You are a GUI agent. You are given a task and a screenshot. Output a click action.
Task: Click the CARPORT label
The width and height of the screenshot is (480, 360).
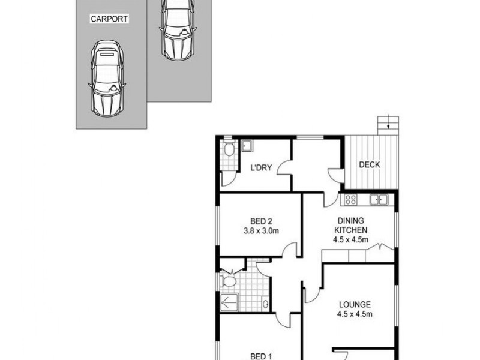click(109, 19)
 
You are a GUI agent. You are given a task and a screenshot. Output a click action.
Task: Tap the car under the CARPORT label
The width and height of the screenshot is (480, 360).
click(107, 77)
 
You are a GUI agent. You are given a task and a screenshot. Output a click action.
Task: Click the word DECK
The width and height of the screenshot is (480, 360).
click(369, 165)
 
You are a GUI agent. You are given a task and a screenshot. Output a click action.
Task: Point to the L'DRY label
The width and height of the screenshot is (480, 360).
click(262, 168)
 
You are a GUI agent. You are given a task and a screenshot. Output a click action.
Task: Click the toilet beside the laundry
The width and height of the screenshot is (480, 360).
click(229, 149)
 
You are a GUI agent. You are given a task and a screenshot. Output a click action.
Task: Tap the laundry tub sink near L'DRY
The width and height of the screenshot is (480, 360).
click(247, 145)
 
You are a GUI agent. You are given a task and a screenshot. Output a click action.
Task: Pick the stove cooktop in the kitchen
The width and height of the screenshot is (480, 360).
click(350, 200)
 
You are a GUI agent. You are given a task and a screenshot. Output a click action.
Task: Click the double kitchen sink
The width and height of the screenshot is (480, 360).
click(379, 199)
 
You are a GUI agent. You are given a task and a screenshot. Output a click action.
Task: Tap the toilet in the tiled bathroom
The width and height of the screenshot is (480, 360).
click(229, 280)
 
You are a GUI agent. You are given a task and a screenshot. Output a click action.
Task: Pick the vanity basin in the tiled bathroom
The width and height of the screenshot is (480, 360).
click(265, 302)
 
